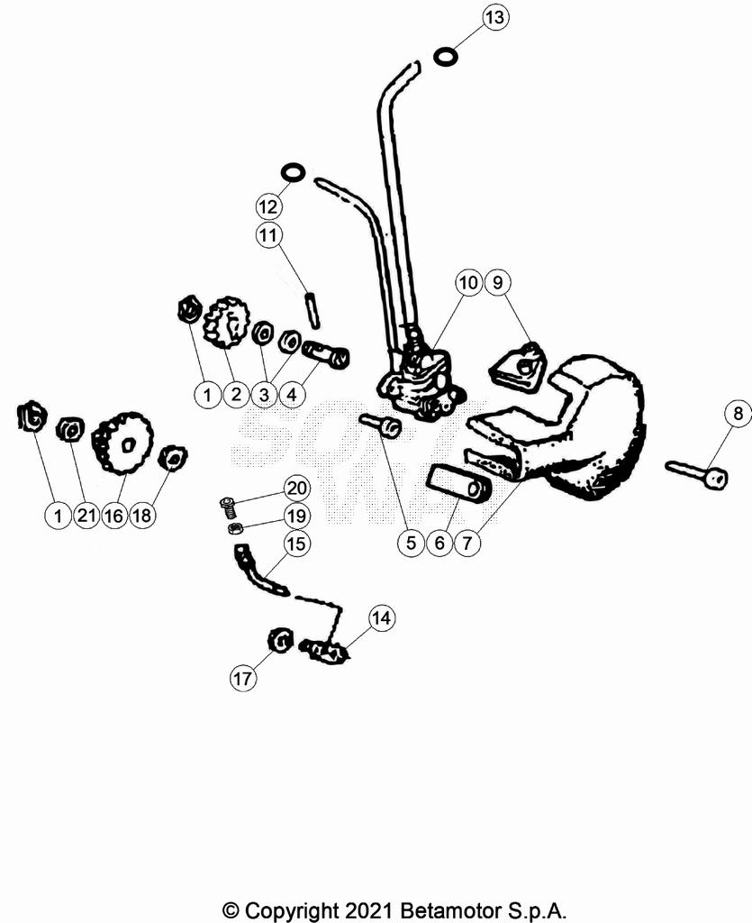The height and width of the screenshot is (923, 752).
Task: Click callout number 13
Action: tap(495, 17)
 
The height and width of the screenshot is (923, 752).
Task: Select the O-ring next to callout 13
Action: tap(447, 57)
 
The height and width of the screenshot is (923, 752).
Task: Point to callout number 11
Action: tap(268, 235)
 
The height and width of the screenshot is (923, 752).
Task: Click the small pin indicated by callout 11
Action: tap(313, 310)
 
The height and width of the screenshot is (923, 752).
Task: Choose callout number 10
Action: tap(468, 283)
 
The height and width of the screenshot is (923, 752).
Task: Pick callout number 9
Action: tap(497, 283)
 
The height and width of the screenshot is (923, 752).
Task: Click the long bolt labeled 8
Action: tap(697, 472)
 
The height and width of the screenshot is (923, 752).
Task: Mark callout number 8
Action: tap(738, 413)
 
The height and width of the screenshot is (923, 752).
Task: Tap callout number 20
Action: tap(297, 488)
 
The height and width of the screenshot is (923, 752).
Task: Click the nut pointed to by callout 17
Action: tap(280, 641)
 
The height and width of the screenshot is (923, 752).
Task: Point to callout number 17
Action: tap(242, 678)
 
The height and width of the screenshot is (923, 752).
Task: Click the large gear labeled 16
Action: tap(122, 443)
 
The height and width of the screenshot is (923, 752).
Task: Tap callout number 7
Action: tap(467, 542)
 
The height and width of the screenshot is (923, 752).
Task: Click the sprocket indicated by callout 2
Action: tap(227, 322)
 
